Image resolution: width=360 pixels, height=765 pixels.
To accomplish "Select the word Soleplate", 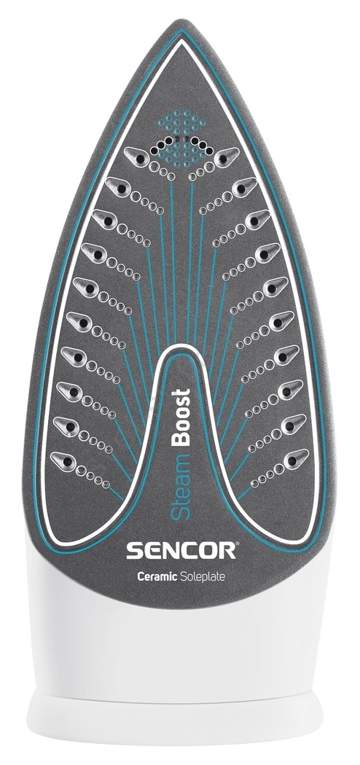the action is click(x=203, y=576).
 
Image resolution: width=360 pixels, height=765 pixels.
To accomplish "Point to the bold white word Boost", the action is click(x=181, y=417).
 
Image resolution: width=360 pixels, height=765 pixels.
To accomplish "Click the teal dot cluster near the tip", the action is click(x=183, y=138).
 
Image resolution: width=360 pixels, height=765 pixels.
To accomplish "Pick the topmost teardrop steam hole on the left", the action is click(x=137, y=157).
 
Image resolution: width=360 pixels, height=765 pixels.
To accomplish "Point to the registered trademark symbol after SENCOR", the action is click(x=238, y=544).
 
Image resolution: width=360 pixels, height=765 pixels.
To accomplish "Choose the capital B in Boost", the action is click(x=181, y=438).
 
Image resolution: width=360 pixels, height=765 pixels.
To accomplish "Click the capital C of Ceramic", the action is click(x=141, y=576).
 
